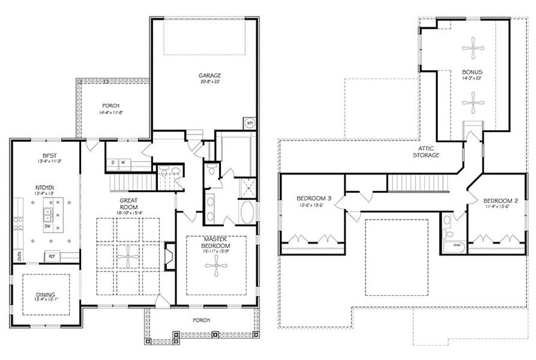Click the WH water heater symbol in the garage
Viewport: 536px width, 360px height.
click(249, 124)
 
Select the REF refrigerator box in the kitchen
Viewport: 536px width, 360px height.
click(51, 256)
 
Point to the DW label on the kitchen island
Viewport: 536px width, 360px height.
click(46, 227)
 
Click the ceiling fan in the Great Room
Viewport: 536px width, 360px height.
click(128, 254)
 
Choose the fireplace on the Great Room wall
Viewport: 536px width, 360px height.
click(169, 255)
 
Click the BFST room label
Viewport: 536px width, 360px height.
click(46, 154)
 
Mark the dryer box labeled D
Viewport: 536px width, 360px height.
click(113, 161)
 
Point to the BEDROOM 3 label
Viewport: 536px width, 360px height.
click(313, 199)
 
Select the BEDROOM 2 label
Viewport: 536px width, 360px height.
click(499, 200)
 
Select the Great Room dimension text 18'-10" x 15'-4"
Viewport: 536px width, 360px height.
click(128, 212)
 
